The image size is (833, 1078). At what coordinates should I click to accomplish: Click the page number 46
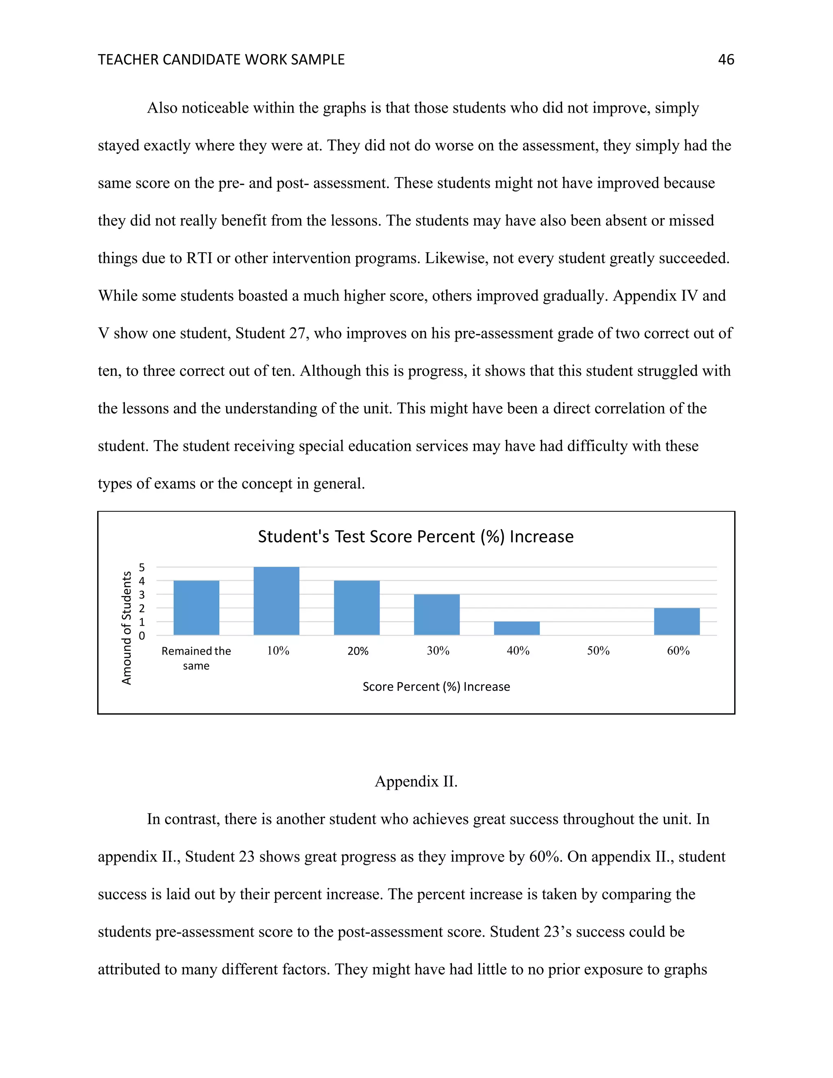[726, 60]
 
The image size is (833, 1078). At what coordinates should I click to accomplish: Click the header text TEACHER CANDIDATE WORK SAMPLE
[221, 60]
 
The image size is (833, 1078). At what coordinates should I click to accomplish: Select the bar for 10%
[276, 601]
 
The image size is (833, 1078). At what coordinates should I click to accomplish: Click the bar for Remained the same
[196, 608]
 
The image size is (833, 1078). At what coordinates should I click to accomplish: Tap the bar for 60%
[676, 622]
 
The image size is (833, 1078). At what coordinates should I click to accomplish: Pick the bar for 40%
[517, 628]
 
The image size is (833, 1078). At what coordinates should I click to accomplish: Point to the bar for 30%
[437, 615]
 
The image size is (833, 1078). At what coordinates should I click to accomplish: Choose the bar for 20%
[357, 608]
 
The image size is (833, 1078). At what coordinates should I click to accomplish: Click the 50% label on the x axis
[598, 651]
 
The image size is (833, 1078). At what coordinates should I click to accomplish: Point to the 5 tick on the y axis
[142, 567]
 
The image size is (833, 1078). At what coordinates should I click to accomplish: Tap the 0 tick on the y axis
[142, 636]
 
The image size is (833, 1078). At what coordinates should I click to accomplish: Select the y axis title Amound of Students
[127, 628]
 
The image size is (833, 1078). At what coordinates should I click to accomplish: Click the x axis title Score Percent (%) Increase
[436, 687]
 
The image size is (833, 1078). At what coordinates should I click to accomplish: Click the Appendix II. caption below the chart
[416, 781]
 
